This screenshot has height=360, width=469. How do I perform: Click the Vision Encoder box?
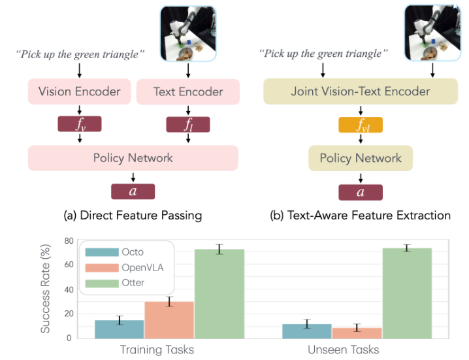pyautogui.click(x=79, y=91)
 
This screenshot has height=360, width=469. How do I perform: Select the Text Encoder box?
pyautogui.click(x=188, y=91)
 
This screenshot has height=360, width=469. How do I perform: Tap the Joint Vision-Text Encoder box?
pyautogui.click(x=360, y=91)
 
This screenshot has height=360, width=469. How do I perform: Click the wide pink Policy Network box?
pyautogui.click(x=133, y=158)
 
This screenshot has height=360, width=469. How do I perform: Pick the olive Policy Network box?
pyautogui.click(x=360, y=158)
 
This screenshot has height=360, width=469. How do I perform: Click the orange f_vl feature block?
pyautogui.click(x=360, y=125)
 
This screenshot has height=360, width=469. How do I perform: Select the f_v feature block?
pyautogui.click(x=79, y=125)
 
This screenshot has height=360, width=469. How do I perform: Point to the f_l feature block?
pyautogui.click(x=188, y=125)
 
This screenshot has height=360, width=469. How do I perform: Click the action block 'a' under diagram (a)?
pyautogui.click(x=133, y=191)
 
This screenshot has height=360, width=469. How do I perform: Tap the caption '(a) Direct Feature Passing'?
pyautogui.click(x=133, y=215)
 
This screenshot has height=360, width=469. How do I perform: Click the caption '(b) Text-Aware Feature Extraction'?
pyautogui.click(x=360, y=215)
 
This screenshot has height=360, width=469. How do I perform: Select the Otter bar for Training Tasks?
pyautogui.click(x=219, y=293)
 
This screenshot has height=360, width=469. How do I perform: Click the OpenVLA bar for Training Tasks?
pyautogui.click(x=169, y=319)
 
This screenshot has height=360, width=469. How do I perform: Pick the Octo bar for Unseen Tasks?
pyautogui.click(x=307, y=331)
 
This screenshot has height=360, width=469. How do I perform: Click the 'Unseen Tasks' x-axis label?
pyautogui.click(x=344, y=350)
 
